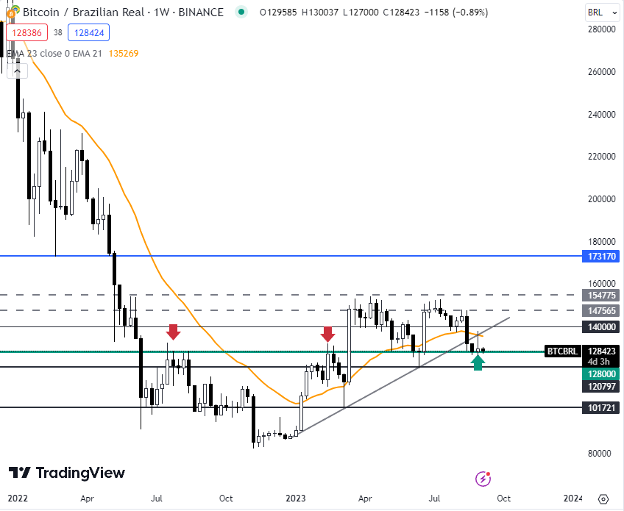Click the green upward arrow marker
[x=478, y=362]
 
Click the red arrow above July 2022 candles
[x=173, y=332]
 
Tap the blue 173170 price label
[x=601, y=256]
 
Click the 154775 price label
[x=601, y=295]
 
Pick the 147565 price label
[x=601, y=311]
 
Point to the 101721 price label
[x=601, y=407]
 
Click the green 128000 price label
[x=601, y=374]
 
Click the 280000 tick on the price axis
[x=601, y=29]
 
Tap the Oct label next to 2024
[x=503, y=499]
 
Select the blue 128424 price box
[x=87, y=32]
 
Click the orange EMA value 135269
[x=123, y=53]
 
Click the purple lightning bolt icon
[x=483, y=479]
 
